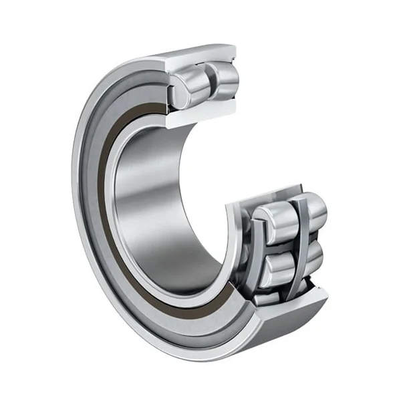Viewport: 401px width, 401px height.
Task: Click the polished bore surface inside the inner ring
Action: (154, 200)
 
